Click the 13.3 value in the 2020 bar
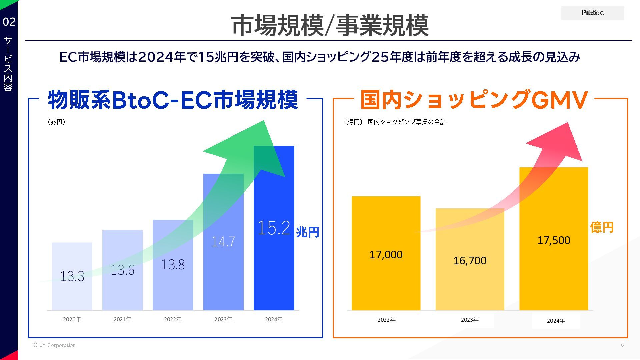(x=72, y=276)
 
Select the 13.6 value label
(x=122, y=270)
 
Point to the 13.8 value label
(x=173, y=265)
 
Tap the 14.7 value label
(x=223, y=241)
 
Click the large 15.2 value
(x=274, y=228)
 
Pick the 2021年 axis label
(x=122, y=319)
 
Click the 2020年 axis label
(x=72, y=319)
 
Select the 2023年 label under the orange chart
(x=470, y=320)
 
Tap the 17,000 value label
(x=386, y=255)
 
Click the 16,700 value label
(x=470, y=261)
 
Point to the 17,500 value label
(x=554, y=240)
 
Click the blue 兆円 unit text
(x=307, y=232)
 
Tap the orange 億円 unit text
(x=602, y=227)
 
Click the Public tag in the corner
(x=592, y=13)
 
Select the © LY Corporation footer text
(x=54, y=345)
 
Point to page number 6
(x=622, y=345)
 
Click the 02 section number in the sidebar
(x=9, y=22)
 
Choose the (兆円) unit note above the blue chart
(x=56, y=122)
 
